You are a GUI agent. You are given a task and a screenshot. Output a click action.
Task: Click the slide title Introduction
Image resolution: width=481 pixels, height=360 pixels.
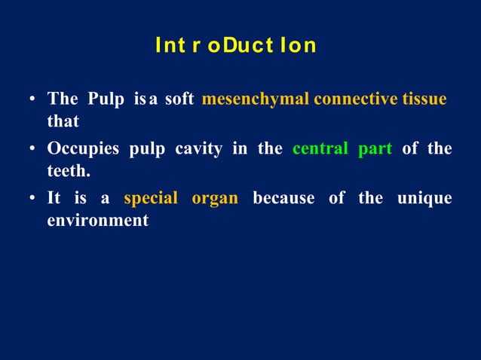[x=235, y=46]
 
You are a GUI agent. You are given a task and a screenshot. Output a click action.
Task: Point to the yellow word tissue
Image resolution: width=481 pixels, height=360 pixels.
[x=424, y=99]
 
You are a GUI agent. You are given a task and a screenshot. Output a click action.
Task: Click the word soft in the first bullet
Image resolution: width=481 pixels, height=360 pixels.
[x=179, y=99]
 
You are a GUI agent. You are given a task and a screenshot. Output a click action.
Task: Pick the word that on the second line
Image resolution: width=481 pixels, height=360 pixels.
[x=63, y=121]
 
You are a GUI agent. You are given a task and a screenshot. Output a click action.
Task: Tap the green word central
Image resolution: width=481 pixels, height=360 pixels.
[x=320, y=149]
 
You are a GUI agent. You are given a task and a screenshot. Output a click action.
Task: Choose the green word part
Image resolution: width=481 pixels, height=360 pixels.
[x=375, y=149]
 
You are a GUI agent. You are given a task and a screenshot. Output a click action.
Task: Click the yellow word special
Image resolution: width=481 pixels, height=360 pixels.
[x=151, y=199]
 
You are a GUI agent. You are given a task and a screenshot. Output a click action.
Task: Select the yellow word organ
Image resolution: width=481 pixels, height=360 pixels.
[x=215, y=199]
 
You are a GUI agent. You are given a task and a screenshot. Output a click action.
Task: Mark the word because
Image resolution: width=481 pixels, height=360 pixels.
[x=283, y=199]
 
